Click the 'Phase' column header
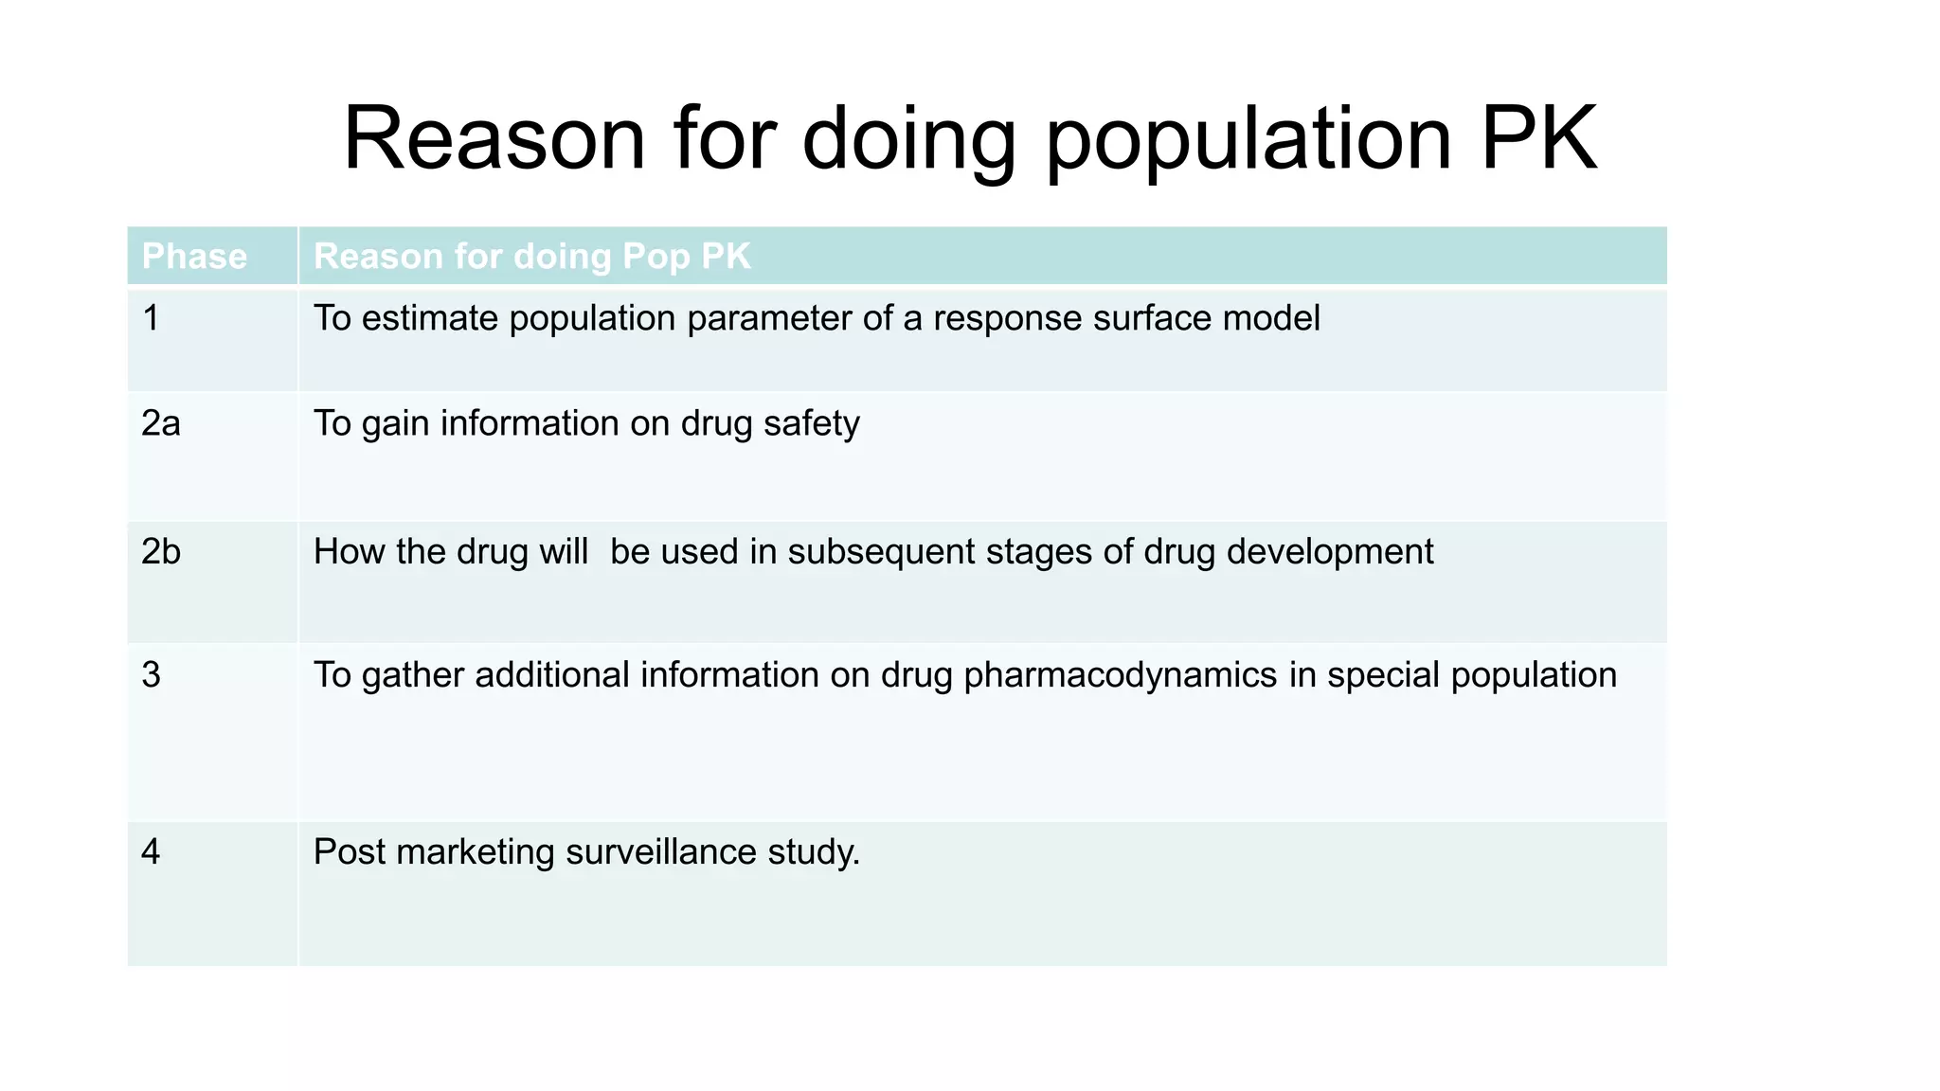point(194,257)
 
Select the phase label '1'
point(151,318)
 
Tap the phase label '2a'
point(160,423)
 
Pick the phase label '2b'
point(160,552)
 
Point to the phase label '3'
point(151,675)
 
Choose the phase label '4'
point(151,852)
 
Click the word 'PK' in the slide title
point(1538,139)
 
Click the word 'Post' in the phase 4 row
point(349,852)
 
